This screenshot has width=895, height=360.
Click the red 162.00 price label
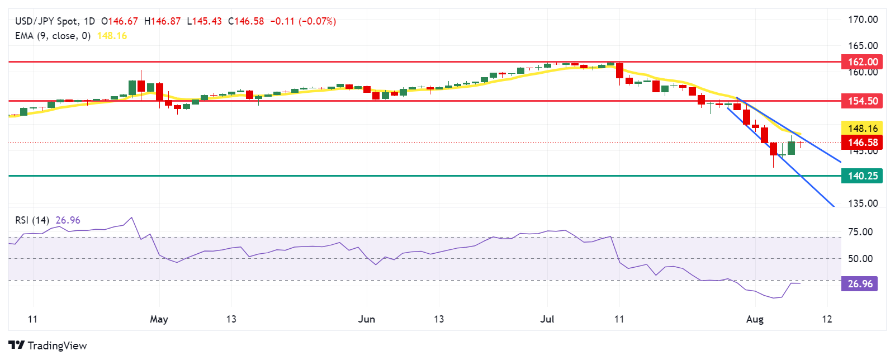(863, 62)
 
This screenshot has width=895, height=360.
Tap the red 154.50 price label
(863, 101)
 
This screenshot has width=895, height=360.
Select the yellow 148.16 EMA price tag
(863, 129)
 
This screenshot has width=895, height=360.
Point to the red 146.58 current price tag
(863, 143)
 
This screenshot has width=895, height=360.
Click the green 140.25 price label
(863, 176)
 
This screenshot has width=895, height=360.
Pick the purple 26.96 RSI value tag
(860, 284)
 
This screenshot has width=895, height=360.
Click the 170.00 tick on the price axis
(863, 20)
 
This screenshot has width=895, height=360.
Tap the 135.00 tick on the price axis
(863, 203)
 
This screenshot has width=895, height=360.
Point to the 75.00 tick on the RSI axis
(860, 232)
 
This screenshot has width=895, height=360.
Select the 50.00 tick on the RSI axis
(860, 259)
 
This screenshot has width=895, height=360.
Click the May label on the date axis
(159, 319)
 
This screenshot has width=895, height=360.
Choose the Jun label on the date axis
(366, 319)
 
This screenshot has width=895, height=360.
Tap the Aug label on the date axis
(755, 319)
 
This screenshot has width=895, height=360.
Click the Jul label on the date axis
(547, 319)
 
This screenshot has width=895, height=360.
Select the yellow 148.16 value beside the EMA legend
(112, 36)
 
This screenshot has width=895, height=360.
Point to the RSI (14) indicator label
(32, 220)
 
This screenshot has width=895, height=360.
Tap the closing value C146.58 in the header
(246, 21)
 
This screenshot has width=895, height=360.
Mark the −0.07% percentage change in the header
(317, 21)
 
